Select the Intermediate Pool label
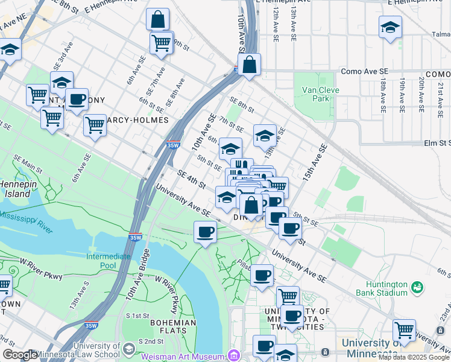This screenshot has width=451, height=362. coord(109,261)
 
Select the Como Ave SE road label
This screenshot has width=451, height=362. coord(364,71)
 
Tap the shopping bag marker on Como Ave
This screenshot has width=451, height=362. coord(249,65)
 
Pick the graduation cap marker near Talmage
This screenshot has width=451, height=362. coord(391,27)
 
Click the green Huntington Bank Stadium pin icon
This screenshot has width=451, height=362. coord(417,287)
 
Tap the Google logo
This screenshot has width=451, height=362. coord(20,355)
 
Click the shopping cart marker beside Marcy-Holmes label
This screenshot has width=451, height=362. coord(95,125)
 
